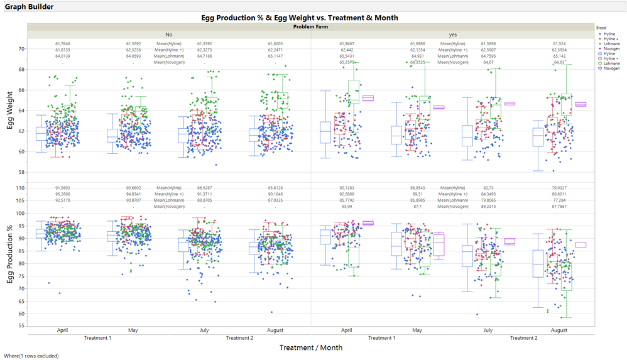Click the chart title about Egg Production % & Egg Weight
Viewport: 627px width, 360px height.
[x=300, y=18]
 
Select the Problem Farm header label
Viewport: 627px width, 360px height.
[x=311, y=27]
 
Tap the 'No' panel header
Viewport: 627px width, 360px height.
[x=169, y=34]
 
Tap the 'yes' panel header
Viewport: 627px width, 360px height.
[x=452, y=34]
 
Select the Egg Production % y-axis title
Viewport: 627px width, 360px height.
[x=11, y=254]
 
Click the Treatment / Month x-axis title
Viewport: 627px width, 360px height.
[x=311, y=347]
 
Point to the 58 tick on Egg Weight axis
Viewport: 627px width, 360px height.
[x=21, y=172]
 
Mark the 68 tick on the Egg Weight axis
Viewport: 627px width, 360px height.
[x=21, y=69]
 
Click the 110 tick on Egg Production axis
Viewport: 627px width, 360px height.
[x=19, y=188]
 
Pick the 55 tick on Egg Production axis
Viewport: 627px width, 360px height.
[x=21, y=326]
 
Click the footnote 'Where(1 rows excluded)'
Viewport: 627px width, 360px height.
[x=31, y=356]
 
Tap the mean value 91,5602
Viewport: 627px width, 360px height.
[x=63, y=188]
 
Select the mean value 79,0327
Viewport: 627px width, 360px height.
[x=559, y=188]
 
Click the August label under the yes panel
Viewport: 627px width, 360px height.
[x=559, y=330]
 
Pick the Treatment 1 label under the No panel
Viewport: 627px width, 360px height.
[x=97, y=337]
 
